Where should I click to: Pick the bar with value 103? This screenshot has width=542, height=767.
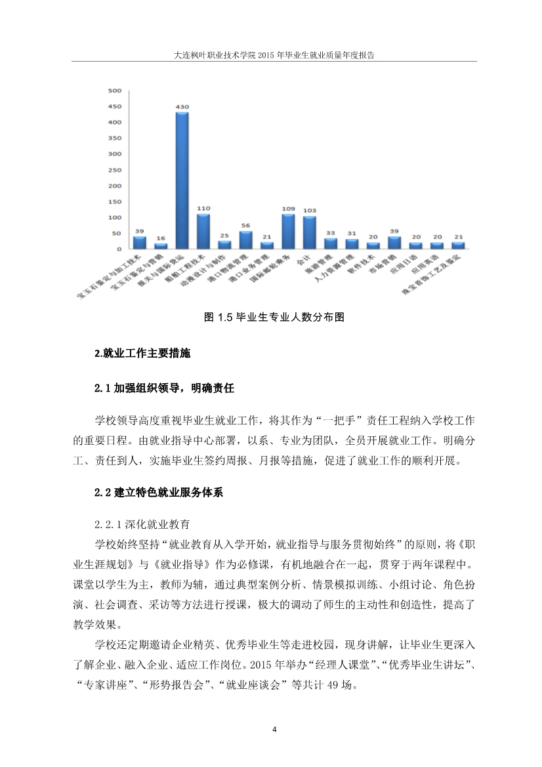[309, 232]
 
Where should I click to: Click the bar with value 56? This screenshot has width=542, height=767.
[245, 239]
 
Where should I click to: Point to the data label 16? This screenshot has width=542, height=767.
[161, 239]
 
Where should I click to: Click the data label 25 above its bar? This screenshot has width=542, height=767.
[224, 236]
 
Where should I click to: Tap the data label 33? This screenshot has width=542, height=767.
[331, 233]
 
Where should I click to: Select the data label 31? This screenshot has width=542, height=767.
[352, 234]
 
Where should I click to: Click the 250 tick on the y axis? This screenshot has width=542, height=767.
[114, 170]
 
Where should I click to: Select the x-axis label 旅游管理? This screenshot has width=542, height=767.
[323, 265]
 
